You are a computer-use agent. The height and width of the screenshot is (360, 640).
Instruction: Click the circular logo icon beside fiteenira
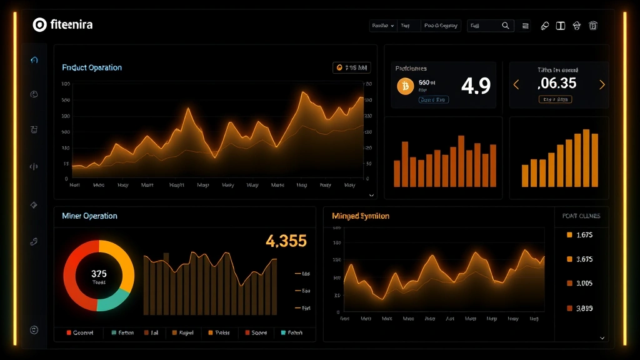pos(39,25)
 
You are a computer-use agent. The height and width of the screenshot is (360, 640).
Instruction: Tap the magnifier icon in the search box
pos(506,26)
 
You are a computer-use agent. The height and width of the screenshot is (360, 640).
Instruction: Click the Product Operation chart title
pos(92,67)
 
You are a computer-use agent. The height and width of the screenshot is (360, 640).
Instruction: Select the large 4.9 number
pos(476,86)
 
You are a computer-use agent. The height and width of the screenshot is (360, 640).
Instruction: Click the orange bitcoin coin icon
pos(405,86)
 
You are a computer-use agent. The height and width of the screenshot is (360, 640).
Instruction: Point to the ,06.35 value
pos(557,83)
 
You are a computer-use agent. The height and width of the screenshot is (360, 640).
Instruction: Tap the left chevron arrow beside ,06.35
pos(516,84)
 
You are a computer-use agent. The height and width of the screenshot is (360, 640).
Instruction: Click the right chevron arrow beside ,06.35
pos(602,84)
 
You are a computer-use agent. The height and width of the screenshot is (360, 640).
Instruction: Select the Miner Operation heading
pos(89,216)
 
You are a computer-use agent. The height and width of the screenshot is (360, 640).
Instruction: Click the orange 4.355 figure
pos(286,241)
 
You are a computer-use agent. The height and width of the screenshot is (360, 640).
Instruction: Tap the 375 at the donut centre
pos(99,274)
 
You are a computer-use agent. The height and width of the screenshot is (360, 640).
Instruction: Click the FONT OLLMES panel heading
pos(581,216)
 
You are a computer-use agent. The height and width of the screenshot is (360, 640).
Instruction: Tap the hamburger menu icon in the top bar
pos(526,26)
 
